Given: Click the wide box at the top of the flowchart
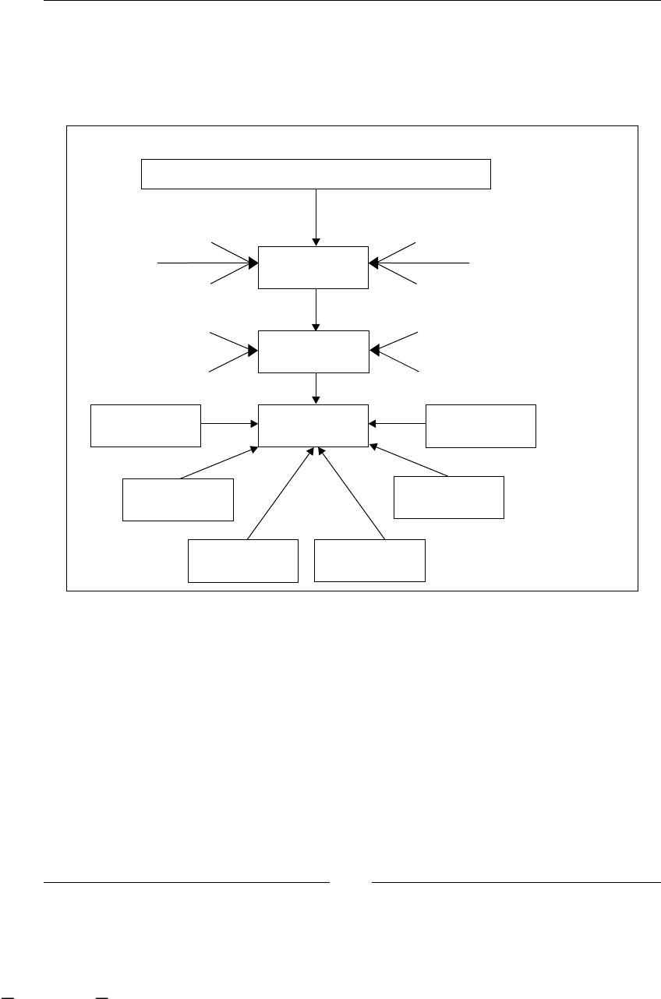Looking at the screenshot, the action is (x=316, y=174).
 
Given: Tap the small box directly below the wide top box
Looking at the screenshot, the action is (x=313, y=267).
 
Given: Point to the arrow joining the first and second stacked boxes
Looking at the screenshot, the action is (x=316, y=309).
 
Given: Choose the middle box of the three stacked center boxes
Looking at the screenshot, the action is (x=313, y=351).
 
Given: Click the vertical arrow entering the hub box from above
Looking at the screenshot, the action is (x=316, y=388).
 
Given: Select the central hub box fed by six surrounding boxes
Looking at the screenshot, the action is (x=313, y=425).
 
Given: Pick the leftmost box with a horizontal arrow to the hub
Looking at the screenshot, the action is (x=146, y=425).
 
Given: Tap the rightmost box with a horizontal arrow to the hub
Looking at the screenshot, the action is (x=481, y=425).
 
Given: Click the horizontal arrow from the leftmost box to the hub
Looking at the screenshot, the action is (x=229, y=424).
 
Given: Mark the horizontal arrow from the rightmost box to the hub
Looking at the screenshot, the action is (x=398, y=424).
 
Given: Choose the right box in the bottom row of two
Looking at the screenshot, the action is (x=369, y=560).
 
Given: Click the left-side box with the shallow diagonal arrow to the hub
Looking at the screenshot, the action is (x=179, y=499).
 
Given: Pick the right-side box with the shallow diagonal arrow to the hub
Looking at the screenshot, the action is (x=449, y=496).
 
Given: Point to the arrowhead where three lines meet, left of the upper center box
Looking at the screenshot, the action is (x=253, y=263).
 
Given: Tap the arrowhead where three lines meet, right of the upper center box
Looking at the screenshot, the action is (x=373, y=263).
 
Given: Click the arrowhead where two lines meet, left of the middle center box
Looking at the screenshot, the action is (x=253, y=351).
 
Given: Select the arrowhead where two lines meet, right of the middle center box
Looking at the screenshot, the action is (x=373, y=351).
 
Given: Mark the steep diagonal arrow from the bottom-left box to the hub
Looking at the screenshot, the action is (x=280, y=492).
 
